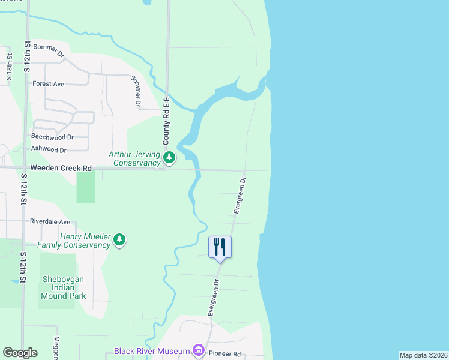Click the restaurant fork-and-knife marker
pyautogui.click(x=220, y=246)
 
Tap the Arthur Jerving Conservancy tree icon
pyautogui.click(x=170, y=158)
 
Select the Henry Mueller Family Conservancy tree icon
pyautogui.click(x=120, y=240)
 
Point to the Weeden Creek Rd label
pyautogui.click(x=62, y=169)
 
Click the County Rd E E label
pyautogui.click(x=167, y=120)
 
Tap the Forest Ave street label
pyautogui.click(x=48, y=84)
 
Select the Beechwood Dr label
pyautogui.click(x=52, y=137)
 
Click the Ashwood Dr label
pyautogui.click(x=49, y=150)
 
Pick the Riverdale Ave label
pyautogui.click(x=50, y=221)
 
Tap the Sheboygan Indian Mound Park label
pyautogui.click(x=64, y=287)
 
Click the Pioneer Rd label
pyautogui.click(x=224, y=354)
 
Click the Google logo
pyautogui.click(x=20, y=353)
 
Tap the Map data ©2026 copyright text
pyautogui.click(x=423, y=355)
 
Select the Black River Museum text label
pyautogui.click(x=152, y=351)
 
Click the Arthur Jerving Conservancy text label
pyautogui.click(x=136, y=158)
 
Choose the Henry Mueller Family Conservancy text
pyautogui.click(x=74, y=241)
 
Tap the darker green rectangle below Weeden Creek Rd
pyautogui.click(x=86, y=187)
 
